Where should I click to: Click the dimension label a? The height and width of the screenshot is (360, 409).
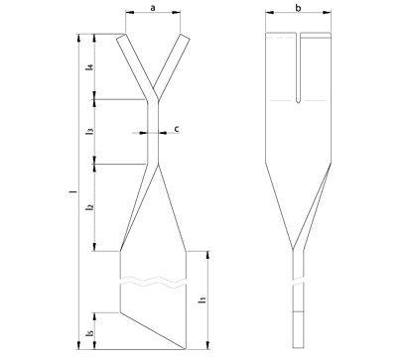coord(153,8)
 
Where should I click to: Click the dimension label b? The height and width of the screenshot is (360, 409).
coord(298,8)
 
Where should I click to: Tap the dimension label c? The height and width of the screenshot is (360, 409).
coord(177,129)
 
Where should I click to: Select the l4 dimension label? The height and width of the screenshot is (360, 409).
coord(88,67)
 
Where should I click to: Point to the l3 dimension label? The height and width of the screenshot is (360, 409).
coord(88,131)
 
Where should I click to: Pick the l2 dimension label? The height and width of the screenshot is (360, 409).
coord(88,207)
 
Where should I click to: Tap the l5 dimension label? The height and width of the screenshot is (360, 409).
coord(88,334)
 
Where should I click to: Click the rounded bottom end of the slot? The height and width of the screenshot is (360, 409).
coord(298,101)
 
